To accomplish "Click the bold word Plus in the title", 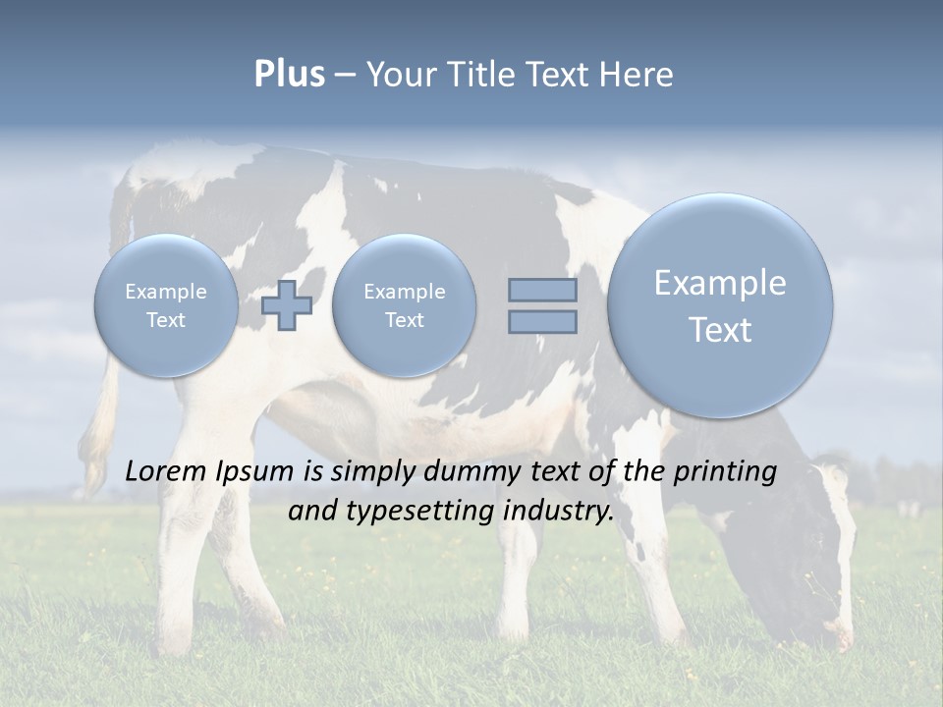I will (x=289, y=75).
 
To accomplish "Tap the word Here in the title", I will (x=637, y=75).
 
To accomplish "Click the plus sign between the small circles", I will (x=287, y=305).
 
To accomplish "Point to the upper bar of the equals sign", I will (x=542, y=290).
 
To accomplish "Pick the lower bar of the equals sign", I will (x=542, y=322).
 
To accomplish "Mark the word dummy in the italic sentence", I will (x=468, y=471).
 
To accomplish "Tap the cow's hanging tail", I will (x=98, y=432).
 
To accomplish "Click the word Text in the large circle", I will (x=720, y=330).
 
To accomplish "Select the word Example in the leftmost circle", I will (x=166, y=292).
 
